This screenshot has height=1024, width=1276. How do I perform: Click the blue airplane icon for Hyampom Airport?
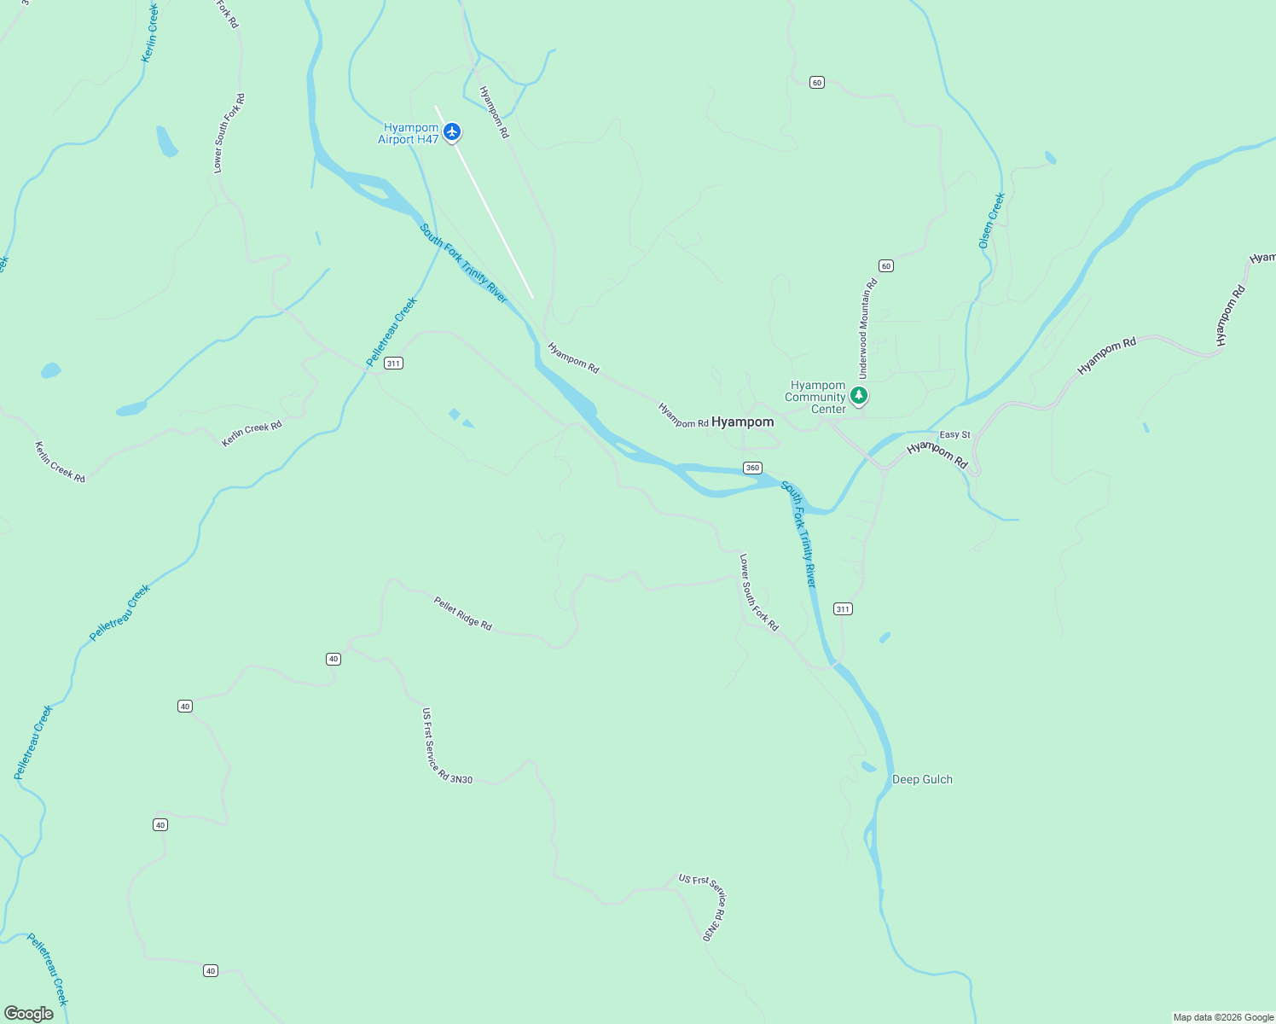click(452, 131)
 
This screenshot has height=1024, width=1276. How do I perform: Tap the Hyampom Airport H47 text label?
click(409, 134)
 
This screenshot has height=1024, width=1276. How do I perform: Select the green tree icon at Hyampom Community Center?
click(859, 395)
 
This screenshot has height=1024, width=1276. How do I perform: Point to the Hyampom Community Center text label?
click(815, 397)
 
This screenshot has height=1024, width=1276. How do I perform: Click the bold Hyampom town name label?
click(743, 422)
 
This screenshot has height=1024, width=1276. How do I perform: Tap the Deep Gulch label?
click(922, 779)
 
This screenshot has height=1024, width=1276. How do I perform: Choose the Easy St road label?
click(954, 435)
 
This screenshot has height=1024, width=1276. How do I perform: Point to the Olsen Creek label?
click(991, 221)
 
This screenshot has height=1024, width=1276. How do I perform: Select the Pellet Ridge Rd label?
click(463, 614)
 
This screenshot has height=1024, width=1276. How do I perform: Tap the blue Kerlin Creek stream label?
click(150, 32)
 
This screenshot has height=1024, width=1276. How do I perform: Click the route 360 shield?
click(752, 468)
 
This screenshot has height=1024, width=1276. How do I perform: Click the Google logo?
click(28, 1014)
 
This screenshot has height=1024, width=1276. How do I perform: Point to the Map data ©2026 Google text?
click(1223, 1017)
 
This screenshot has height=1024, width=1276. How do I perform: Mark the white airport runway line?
click(484, 201)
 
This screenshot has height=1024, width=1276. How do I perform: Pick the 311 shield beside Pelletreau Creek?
click(392, 364)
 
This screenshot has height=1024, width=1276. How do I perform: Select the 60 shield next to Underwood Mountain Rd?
click(886, 266)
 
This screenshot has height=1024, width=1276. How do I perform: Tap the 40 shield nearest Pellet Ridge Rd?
click(333, 659)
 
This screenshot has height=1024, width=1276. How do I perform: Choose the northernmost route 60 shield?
click(817, 83)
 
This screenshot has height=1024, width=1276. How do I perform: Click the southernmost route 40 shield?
click(211, 970)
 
